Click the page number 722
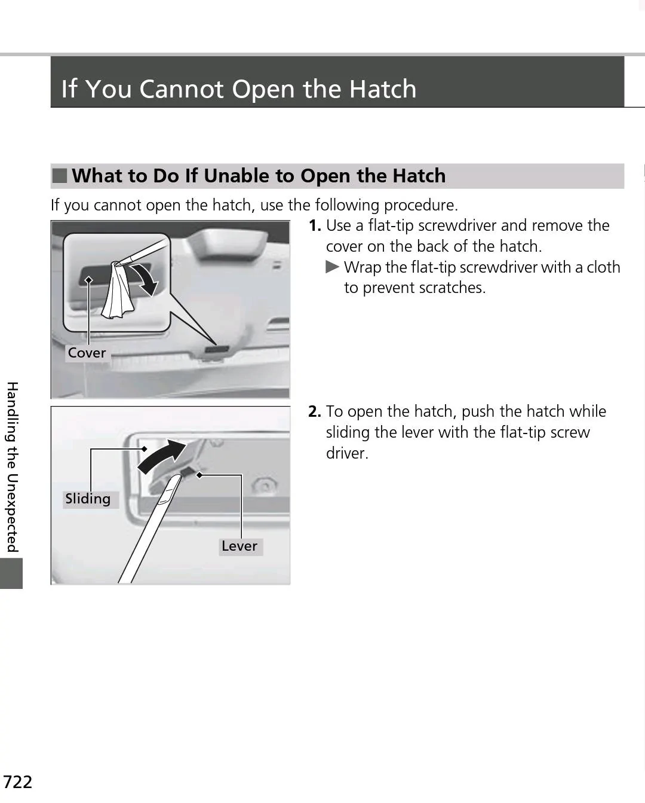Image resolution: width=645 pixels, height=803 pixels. (x=17, y=781)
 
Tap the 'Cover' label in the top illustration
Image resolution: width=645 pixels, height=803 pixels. (x=87, y=353)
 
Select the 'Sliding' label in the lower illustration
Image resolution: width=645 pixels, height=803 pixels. (x=88, y=499)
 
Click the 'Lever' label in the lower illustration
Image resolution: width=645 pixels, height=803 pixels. (x=239, y=546)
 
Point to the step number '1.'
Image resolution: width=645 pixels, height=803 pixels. (x=315, y=226)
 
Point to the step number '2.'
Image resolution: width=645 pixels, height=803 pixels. (x=315, y=412)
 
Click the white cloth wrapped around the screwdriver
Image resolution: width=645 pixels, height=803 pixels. (x=118, y=293)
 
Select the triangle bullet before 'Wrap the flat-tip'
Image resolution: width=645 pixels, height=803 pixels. (x=332, y=267)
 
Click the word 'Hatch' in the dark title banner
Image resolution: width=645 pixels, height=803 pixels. (x=382, y=89)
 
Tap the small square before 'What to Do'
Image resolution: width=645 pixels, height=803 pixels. (x=60, y=176)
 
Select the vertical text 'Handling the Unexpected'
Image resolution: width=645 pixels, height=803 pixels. (x=12, y=466)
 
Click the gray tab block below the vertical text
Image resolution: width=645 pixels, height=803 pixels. (x=11, y=573)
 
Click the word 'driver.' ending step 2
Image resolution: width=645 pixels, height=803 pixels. (x=347, y=453)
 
